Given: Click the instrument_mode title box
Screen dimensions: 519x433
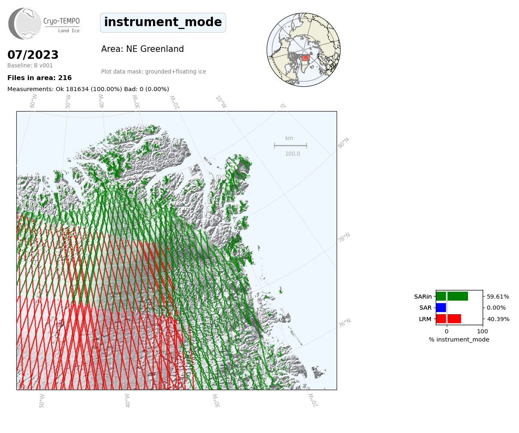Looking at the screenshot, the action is (163, 22).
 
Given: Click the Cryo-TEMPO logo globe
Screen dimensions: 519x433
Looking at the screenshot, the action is (24, 23).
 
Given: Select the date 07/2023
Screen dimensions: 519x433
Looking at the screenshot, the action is (33, 55).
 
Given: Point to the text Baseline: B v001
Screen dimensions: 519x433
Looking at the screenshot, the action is (30, 65).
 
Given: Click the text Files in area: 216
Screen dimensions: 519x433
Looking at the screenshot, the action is (40, 78).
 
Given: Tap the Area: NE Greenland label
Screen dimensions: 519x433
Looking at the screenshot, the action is (142, 49).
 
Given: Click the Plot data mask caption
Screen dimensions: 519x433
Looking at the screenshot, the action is (153, 71).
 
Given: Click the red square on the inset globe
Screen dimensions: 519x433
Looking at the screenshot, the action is (306, 58).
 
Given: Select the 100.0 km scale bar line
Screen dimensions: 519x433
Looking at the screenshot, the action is (291, 145).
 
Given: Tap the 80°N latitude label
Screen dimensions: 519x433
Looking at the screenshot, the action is (344, 143).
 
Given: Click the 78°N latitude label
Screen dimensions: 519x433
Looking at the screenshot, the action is (344, 238).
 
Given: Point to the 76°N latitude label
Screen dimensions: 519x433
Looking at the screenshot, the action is (344, 323).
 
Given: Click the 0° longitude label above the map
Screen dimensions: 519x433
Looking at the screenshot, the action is (283, 106).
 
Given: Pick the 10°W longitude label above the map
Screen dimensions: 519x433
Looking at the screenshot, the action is (221, 102).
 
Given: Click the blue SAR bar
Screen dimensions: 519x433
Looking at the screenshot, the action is (441, 308).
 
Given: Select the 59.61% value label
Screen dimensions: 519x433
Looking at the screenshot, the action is (498, 297).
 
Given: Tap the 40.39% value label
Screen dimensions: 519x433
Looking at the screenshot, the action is (498, 319).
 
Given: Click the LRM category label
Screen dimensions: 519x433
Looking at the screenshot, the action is (425, 319).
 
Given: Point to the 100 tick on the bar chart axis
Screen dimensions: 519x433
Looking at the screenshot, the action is (482, 331).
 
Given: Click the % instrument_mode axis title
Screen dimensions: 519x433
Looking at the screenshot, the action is (459, 340).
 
